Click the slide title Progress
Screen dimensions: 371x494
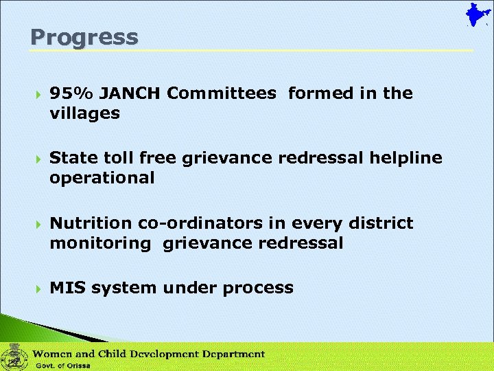point(84,37)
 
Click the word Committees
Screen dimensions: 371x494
point(221,93)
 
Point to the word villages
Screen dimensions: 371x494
point(84,113)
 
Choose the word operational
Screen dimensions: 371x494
point(102,179)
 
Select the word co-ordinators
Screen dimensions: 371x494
point(191,223)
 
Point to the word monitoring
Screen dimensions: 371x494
point(99,243)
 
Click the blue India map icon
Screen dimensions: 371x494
point(473,15)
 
